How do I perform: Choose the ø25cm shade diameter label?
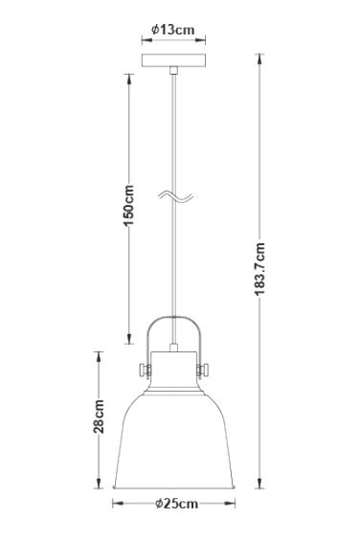coord(175,503)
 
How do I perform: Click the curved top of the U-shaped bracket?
coord(172,320)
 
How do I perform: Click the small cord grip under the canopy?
coord(173,72)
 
